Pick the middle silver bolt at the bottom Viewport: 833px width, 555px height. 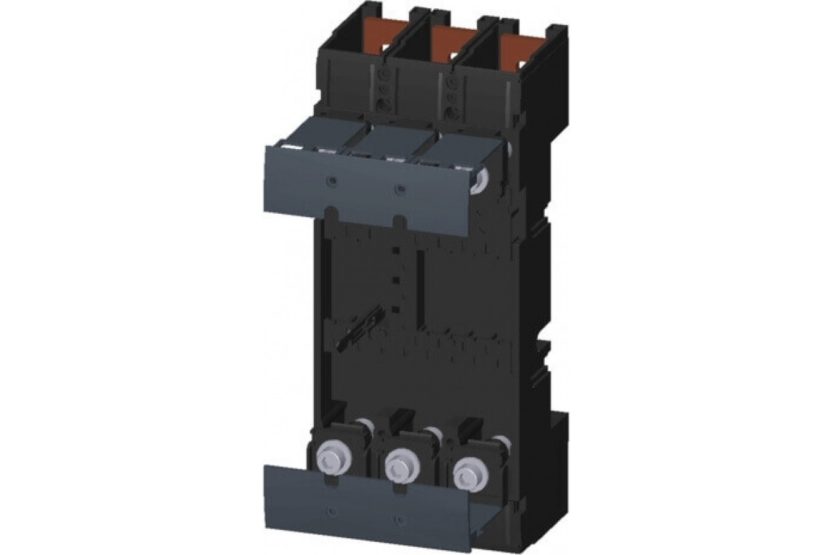[398, 460]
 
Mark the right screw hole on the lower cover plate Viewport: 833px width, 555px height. [398, 518]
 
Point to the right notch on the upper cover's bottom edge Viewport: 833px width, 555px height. [398, 220]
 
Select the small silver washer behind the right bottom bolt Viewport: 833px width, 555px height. [498, 441]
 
